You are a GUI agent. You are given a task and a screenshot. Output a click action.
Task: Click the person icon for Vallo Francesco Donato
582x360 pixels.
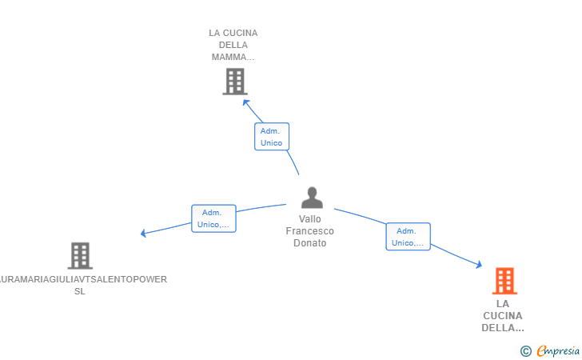[x=312, y=198]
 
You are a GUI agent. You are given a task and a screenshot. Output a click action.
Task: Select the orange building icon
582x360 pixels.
[x=504, y=281]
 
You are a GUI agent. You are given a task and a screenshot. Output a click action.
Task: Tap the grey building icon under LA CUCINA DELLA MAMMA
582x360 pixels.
[x=235, y=82]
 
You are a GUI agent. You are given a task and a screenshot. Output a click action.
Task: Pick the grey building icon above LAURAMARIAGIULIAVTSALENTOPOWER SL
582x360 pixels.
[x=80, y=256]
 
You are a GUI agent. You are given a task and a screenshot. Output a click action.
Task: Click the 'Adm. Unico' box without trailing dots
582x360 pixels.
[x=272, y=137]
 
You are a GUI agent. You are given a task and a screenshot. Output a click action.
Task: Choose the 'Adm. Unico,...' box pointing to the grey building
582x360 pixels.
[x=213, y=218]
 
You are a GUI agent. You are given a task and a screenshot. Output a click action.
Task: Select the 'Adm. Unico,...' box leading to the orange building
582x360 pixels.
[x=408, y=237]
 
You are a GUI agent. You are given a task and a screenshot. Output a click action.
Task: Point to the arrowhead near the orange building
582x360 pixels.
[x=479, y=265]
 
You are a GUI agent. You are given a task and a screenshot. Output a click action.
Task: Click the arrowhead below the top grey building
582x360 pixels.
[x=245, y=102]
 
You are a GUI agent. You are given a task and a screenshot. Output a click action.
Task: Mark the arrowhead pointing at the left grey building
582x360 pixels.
[x=143, y=234]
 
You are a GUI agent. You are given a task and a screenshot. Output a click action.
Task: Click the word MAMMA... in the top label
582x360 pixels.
[x=233, y=58]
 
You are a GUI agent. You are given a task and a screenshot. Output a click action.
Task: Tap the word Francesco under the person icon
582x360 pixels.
[x=310, y=231]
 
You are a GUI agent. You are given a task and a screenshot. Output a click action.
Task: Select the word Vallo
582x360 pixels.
[x=310, y=219]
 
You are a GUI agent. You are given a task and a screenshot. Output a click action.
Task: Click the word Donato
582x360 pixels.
[x=310, y=243]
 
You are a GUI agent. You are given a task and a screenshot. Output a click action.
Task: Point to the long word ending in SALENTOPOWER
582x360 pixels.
[x=83, y=279]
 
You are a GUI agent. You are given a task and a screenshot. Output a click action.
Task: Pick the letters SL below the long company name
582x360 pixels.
[x=80, y=291]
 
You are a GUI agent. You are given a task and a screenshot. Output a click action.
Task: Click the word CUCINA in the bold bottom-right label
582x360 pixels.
[x=503, y=316]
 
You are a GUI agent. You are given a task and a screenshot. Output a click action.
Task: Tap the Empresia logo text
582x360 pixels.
[x=558, y=350]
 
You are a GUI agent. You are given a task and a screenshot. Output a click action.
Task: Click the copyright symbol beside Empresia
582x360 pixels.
[x=526, y=351]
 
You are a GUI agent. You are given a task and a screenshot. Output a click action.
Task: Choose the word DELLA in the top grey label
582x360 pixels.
[x=233, y=45]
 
